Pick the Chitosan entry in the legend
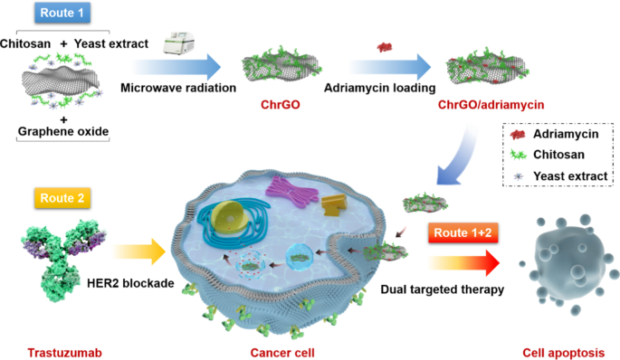click(x=558, y=154)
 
